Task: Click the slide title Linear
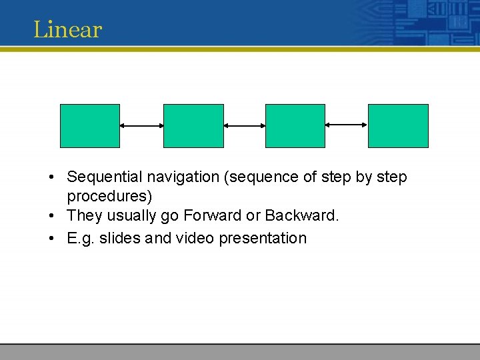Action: (67, 29)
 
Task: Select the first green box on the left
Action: (90, 125)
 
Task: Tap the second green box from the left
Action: (193, 125)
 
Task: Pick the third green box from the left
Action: (295, 125)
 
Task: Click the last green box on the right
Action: (398, 125)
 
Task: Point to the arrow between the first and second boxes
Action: (141, 125)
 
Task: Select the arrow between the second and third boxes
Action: (244, 125)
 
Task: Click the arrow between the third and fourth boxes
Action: (346, 125)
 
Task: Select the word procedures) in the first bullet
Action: (109, 197)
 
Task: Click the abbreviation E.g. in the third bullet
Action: (81, 239)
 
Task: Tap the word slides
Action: (120, 238)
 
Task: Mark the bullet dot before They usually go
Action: (51, 217)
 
